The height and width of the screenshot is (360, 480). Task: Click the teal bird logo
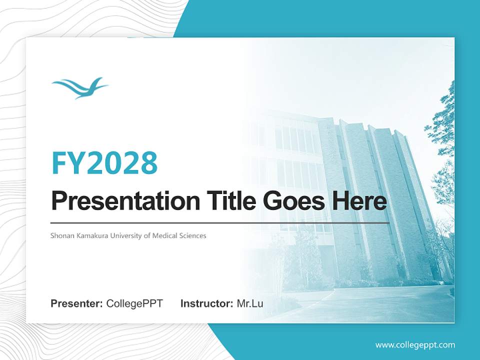coord(80,88)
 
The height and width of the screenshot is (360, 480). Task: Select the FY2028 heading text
coord(105,163)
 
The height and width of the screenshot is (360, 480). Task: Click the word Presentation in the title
coord(125,200)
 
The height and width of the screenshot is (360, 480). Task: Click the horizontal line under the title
coord(220,223)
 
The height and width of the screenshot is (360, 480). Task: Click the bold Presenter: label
coord(76,303)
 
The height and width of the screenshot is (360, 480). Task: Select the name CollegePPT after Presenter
coord(134,303)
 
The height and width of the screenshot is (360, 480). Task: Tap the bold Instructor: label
coord(207,303)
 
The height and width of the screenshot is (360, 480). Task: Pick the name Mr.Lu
coord(250,303)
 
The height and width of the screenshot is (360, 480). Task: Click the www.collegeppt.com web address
coord(415,345)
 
